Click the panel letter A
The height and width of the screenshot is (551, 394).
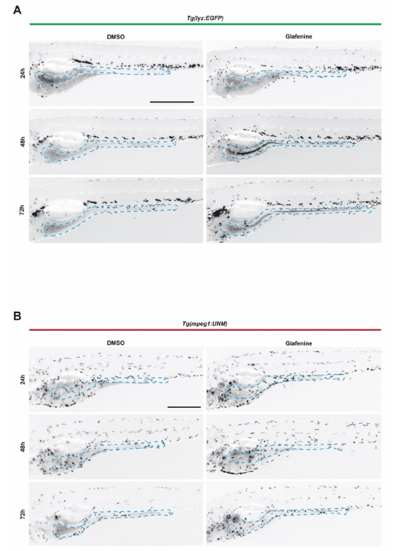coord(17,10)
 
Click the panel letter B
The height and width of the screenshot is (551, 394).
coord(17,316)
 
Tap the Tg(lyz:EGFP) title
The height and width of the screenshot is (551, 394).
coord(205,18)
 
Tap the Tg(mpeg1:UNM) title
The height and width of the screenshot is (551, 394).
coord(205,323)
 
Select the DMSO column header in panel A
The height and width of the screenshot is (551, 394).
coord(116,36)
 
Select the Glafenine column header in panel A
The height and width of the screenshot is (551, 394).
coord(298,36)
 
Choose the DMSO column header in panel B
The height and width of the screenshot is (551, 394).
coord(116,343)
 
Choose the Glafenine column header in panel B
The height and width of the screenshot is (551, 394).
coord(298,343)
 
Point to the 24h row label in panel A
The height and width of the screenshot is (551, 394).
coord(23,74)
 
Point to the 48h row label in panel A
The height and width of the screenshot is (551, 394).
coord(23,142)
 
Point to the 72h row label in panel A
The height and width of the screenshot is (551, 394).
coord(23,210)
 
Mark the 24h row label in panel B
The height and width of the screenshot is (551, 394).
coord(23,380)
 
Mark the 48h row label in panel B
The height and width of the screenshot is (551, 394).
coord(23,447)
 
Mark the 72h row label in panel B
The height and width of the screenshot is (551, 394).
coord(23,515)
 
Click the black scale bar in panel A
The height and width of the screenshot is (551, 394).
coord(172,102)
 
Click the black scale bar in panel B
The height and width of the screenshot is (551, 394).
coord(184,407)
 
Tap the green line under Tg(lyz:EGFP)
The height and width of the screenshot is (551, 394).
coord(206,24)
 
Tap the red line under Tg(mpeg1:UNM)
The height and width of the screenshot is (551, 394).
coord(205,330)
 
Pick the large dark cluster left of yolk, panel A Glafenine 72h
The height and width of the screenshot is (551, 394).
coord(216,213)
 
